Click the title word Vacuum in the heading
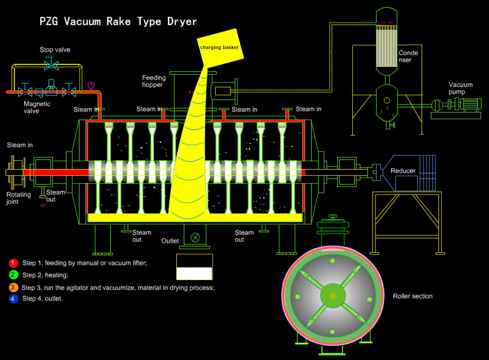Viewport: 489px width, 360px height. tap(82, 21)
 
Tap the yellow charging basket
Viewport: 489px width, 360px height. tap(220, 48)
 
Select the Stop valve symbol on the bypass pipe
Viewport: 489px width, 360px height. tap(51, 65)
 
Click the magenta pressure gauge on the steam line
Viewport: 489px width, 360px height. tap(91, 85)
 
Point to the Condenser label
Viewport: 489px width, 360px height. tap(408, 56)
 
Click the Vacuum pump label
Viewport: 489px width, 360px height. tap(460, 88)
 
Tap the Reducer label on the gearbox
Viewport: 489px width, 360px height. tap(403, 171)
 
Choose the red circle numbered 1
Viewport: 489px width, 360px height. tap(13, 263)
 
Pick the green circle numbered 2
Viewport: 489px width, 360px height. tap(13, 275)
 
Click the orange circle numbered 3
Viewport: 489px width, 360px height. tap(13, 287)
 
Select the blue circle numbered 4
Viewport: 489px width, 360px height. tap(13, 299)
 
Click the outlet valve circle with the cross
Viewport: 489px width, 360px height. tap(195, 237)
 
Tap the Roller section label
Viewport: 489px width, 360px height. tap(413, 296)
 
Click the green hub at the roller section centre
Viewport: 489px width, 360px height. tap(333, 296)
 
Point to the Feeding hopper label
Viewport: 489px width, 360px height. tap(154, 81)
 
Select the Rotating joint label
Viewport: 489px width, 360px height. tap(18, 198)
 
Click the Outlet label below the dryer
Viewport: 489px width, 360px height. tap(170, 241)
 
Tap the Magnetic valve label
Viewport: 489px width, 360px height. tap(37, 107)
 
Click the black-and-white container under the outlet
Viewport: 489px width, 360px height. tap(194, 267)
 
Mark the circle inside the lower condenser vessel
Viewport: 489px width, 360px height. tap(387, 100)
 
